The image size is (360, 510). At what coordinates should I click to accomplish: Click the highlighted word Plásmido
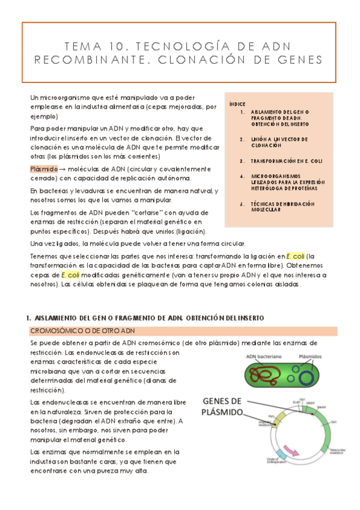point(44,169)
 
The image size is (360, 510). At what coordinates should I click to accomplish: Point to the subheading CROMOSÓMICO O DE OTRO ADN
point(82,331)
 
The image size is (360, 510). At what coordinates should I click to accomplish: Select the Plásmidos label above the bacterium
point(310,356)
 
